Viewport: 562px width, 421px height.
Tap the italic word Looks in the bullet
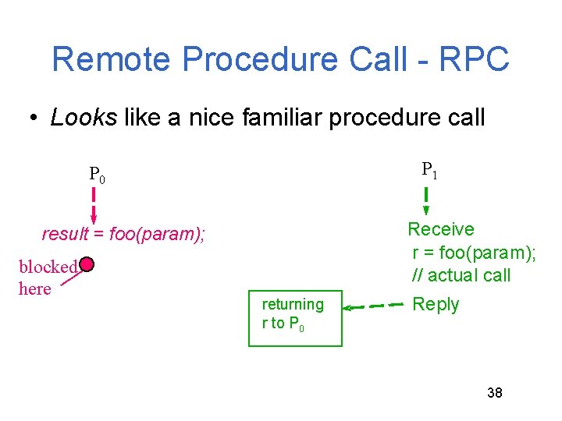coord(84,118)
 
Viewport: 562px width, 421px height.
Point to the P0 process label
coord(97,174)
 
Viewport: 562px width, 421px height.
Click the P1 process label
coord(429,170)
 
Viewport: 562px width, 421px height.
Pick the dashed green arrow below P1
coord(426,201)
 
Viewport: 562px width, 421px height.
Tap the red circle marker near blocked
coord(87,265)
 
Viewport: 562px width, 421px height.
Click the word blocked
coord(48,267)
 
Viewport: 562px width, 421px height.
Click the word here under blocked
coord(34,288)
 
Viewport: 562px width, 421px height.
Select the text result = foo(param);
coord(123,234)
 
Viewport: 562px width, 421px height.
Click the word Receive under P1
coord(441,229)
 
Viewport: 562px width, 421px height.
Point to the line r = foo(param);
coord(474,252)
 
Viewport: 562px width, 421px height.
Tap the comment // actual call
coord(461,274)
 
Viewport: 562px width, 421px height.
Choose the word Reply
coord(436,304)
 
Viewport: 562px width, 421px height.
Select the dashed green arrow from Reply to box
coord(374,307)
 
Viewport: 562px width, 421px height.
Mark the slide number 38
coord(495,392)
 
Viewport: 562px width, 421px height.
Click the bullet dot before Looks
coord(34,119)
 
